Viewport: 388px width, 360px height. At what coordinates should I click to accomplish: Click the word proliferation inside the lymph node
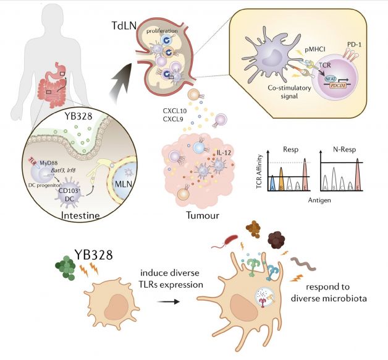pyautogui.click(x=166, y=29)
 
